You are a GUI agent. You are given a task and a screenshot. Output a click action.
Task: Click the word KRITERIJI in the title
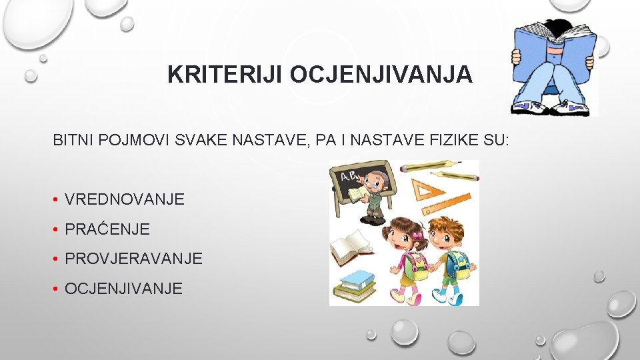[226, 74]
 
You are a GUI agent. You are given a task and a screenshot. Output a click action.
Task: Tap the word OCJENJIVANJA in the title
[381, 74]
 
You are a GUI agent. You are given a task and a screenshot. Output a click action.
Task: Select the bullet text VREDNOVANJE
[125, 199]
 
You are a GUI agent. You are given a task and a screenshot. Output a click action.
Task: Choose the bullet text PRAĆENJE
[107, 229]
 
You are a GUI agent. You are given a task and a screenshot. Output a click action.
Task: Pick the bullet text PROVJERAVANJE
[133, 259]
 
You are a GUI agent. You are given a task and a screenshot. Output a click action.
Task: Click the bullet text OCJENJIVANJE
[123, 289]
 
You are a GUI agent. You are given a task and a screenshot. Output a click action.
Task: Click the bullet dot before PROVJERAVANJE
[58, 259]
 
